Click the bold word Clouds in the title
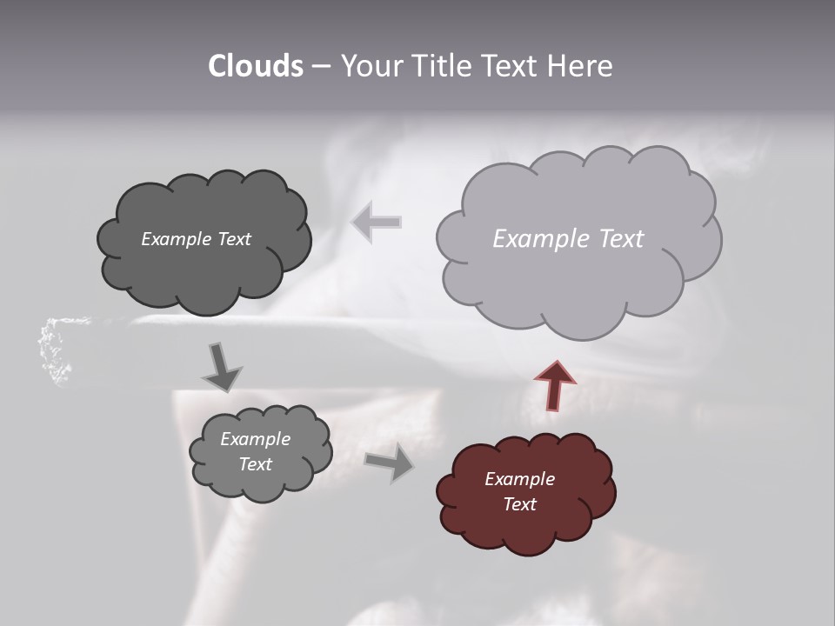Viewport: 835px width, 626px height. pyautogui.click(x=255, y=66)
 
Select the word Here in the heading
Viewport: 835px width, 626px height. pyautogui.click(x=581, y=66)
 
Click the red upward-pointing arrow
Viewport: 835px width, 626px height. pyautogui.click(x=555, y=385)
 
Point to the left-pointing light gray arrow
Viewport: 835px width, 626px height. pyautogui.click(x=376, y=222)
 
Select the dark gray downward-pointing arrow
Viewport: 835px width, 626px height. pyautogui.click(x=222, y=367)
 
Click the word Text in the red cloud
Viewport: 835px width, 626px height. pyautogui.click(x=519, y=504)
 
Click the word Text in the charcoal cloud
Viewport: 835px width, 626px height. pyautogui.click(x=232, y=239)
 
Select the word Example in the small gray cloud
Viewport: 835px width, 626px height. pyautogui.click(x=255, y=439)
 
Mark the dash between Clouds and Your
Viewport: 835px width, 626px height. pyautogui.click(x=320, y=66)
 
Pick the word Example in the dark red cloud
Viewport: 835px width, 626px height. pyautogui.click(x=519, y=479)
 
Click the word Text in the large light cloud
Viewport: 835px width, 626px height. pyautogui.click(x=616, y=238)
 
